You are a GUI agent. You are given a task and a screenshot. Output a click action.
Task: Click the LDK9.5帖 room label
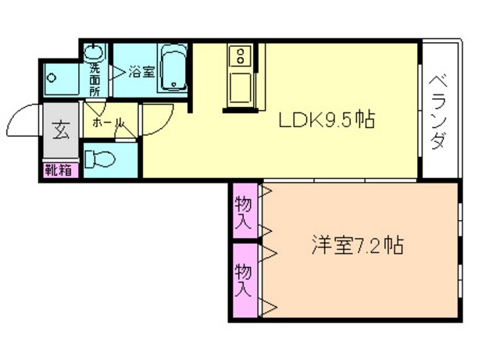326,120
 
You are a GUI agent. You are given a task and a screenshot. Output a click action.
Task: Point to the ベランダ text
439,111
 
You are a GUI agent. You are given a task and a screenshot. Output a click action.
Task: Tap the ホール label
108,123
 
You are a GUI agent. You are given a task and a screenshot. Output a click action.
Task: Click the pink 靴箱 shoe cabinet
60,169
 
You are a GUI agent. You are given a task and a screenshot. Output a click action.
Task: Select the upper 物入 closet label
244,211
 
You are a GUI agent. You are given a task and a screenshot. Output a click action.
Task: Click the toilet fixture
102,159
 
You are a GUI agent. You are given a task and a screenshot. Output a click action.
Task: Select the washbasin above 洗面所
95,52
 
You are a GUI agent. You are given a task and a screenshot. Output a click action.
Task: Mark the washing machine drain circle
52,77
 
